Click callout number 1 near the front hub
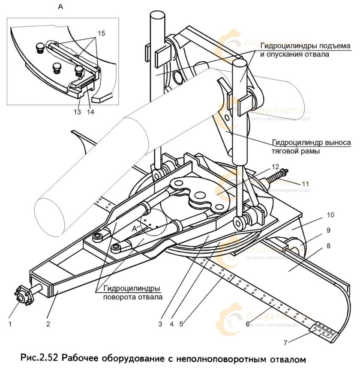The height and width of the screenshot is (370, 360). [10, 324]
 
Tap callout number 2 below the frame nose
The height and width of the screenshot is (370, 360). [48, 324]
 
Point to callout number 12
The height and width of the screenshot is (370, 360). [275, 166]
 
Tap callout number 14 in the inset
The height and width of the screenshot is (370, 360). [91, 112]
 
